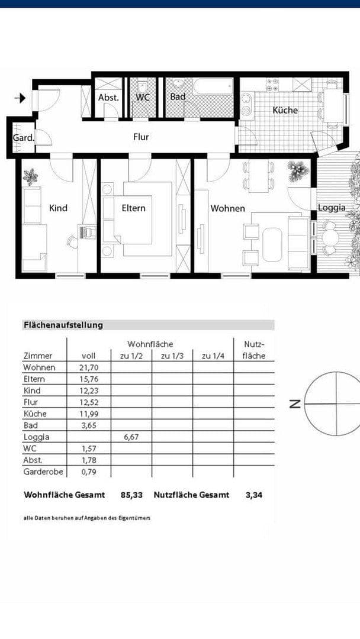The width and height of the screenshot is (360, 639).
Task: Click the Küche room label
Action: coord(285,110)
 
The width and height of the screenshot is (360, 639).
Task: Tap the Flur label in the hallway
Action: coord(141,137)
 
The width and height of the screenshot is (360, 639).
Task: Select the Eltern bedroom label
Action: coord(133,208)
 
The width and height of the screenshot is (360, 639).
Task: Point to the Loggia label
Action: coord(332,208)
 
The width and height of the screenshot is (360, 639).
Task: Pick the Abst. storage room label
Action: coord(108,97)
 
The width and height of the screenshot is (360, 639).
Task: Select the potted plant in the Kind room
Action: coord(30,176)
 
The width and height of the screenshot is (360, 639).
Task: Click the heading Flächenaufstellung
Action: coord(63,325)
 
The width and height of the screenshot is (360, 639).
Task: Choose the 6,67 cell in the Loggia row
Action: coord(131,437)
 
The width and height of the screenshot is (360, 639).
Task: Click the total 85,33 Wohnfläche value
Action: coord(131,495)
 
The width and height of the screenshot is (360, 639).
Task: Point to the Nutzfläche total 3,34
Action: coord(253,495)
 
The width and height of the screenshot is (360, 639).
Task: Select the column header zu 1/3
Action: coord(172,356)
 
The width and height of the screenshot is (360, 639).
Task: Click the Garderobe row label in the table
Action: coord(43,472)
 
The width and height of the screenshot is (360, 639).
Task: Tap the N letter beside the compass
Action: coord(294,404)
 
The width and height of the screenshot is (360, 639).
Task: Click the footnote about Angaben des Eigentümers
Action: coord(87,518)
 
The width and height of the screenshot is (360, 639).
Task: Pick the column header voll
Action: coord(88,356)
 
